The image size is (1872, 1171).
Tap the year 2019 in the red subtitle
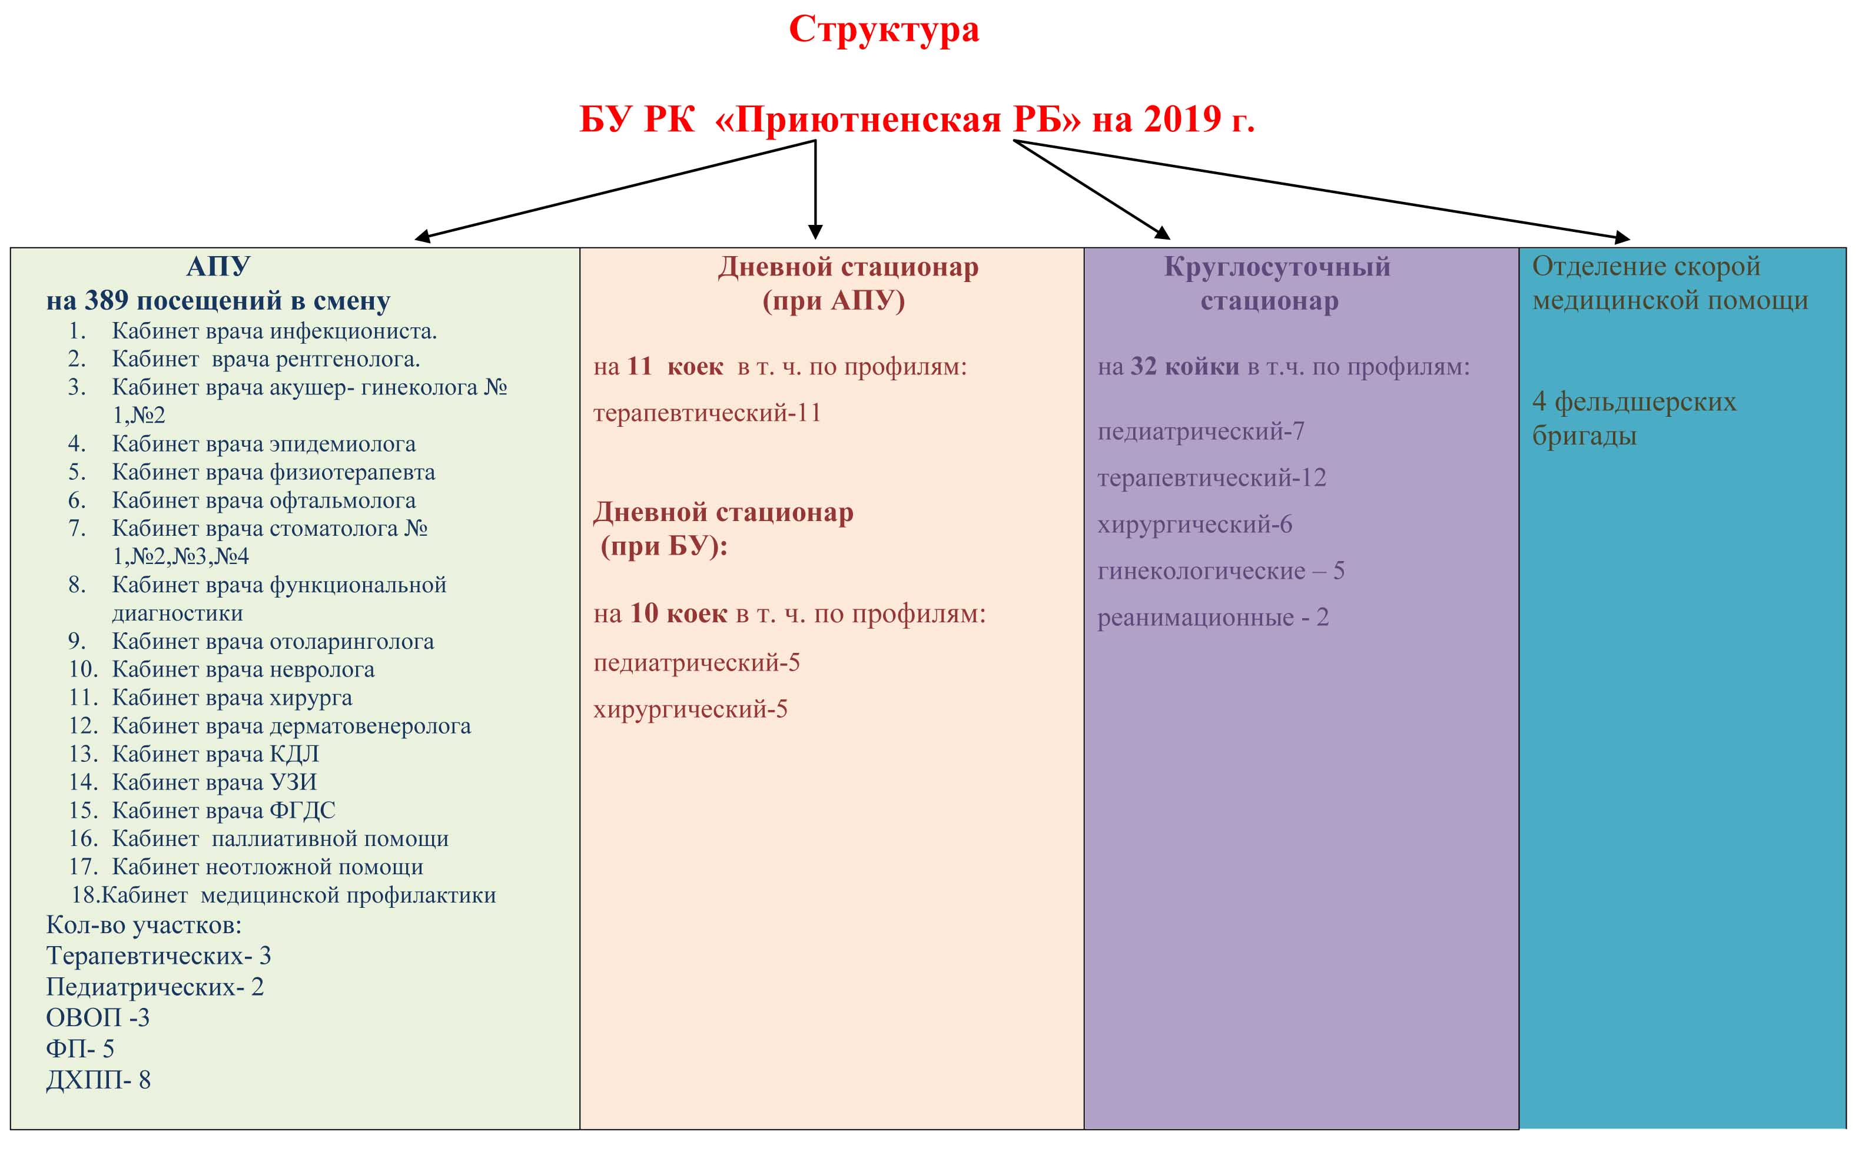(x=1182, y=120)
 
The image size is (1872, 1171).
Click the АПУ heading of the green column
(x=218, y=267)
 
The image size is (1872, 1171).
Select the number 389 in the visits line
(x=106, y=300)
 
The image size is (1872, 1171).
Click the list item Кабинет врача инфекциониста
(x=274, y=331)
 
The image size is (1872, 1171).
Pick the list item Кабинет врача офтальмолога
(x=263, y=500)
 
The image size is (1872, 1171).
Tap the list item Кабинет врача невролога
(x=243, y=669)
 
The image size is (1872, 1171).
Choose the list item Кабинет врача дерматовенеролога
(x=291, y=726)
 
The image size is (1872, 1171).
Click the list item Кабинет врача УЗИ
(x=214, y=782)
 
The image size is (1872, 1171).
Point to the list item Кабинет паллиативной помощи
(x=280, y=839)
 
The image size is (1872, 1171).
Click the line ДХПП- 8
(x=98, y=1080)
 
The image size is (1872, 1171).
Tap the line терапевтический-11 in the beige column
(x=707, y=413)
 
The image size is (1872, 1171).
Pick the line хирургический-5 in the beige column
(x=690, y=709)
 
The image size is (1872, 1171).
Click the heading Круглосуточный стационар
(x=1277, y=283)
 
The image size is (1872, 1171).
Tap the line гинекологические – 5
(x=1221, y=571)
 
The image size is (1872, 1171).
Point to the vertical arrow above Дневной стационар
(x=815, y=190)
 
